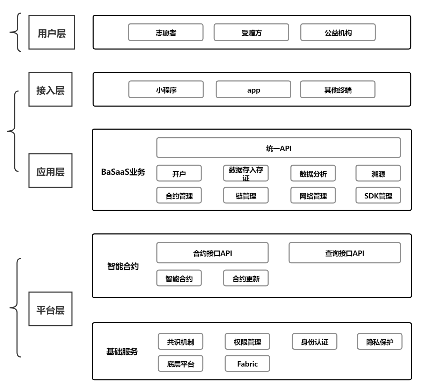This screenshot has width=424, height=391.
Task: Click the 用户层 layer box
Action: pyautogui.click(x=52, y=32)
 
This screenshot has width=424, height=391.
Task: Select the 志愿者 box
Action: pyautogui.click(x=166, y=32)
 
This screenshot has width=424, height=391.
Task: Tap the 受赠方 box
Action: pyautogui.click(x=251, y=32)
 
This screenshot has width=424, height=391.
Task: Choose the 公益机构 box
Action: pyautogui.click(x=338, y=32)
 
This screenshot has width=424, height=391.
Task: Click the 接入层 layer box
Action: pyautogui.click(x=50, y=89)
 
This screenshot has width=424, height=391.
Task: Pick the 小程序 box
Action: pyautogui.click(x=166, y=90)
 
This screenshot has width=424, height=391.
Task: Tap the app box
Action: pyautogui.click(x=253, y=90)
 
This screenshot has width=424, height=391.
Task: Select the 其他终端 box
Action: pyautogui.click(x=337, y=90)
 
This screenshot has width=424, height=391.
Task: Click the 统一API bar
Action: pyautogui.click(x=278, y=148)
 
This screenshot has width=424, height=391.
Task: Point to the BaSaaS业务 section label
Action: pyautogui.click(x=123, y=172)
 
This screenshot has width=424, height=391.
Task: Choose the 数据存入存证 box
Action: pyautogui.click(x=246, y=173)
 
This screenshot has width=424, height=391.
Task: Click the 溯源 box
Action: pyautogui.click(x=378, y=174)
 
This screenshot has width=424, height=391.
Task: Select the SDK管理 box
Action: pyautogui.click(x=378, y=196)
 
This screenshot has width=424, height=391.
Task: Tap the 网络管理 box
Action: pyautogui.click(x=313, y=196)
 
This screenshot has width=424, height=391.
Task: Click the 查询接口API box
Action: pyautogui.click(x=344, y=253)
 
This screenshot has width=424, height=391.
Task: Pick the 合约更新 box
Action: pyautogui.click(x=246, y=278)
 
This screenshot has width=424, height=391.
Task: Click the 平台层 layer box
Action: pyautogui.click(x=50, y=309)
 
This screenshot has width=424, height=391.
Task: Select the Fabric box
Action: pyautogui.click(x=247, y=364)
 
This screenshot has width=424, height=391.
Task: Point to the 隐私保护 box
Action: pyautogui.click(x=380, y=342)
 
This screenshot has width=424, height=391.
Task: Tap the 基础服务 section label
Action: pyautogui.click(x=122, y=352)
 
